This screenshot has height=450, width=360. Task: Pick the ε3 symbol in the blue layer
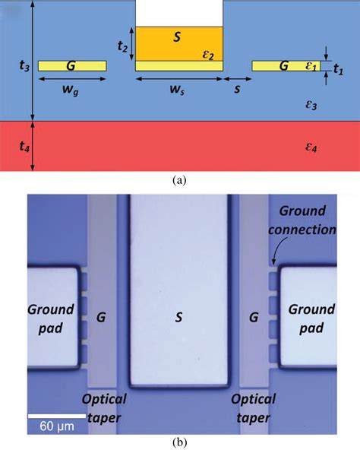(311, 105)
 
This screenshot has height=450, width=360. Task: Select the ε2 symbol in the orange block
(208, 54)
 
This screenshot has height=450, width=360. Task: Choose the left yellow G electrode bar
(72, 66)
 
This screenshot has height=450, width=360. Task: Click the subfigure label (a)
(179, 180)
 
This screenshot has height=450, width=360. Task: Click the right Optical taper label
(254, 407)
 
